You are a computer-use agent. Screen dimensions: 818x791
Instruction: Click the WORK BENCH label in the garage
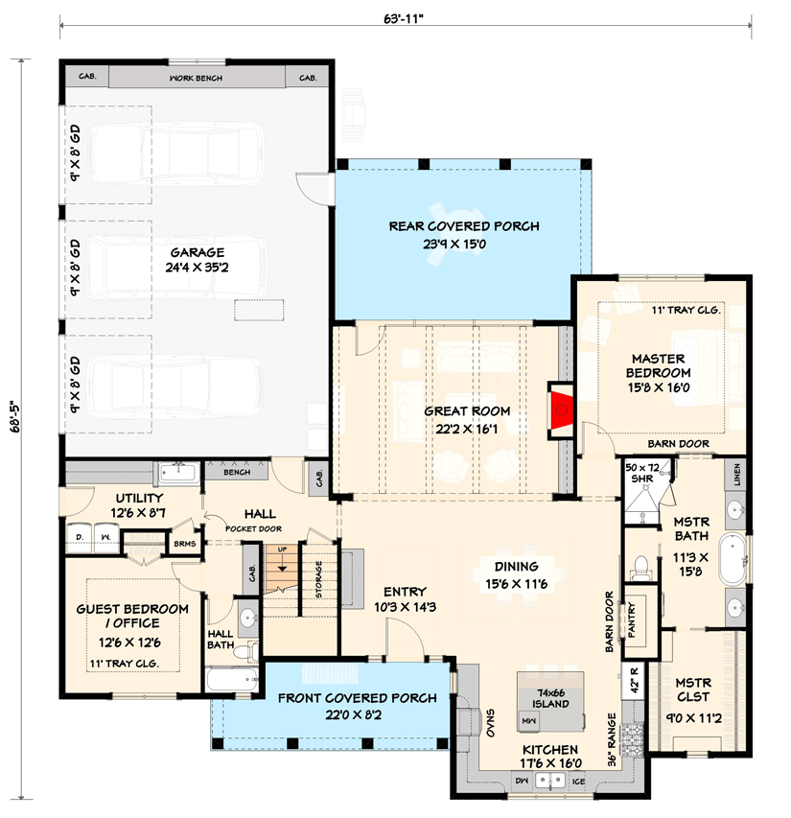[x=196, y=78]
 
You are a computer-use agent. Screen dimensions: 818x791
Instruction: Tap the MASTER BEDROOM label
[x=658, y=365]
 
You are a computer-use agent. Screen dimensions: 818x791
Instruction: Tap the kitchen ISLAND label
[x=551, y=704]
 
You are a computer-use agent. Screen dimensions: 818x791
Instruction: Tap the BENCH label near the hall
[x=236, y=473]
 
